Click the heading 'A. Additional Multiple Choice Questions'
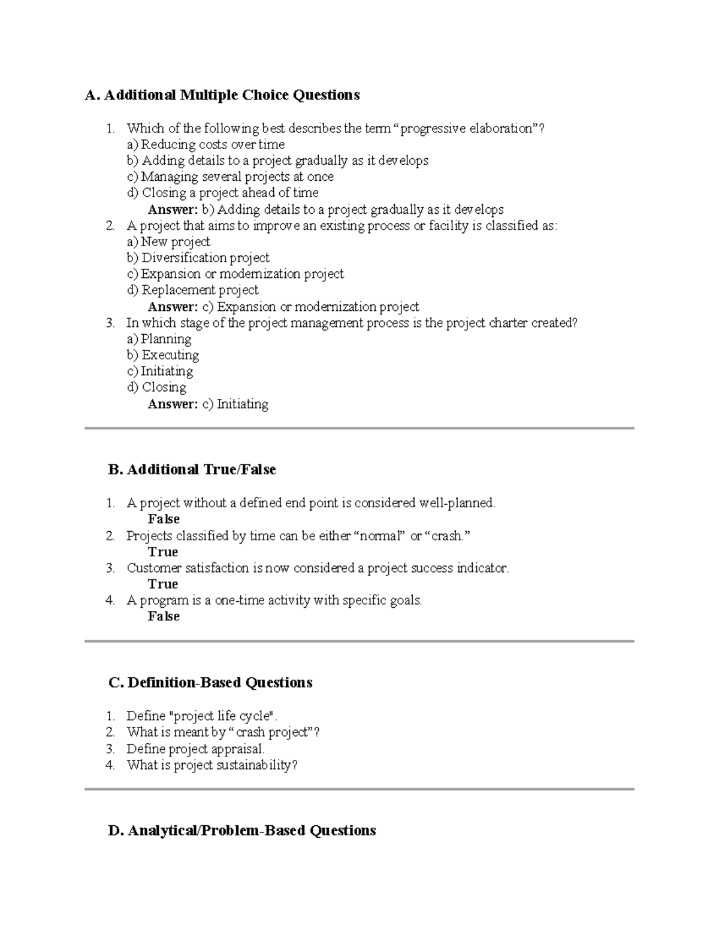(222, 95)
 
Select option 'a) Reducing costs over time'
(206, 144)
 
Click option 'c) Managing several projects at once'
(230, 177)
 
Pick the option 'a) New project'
(168, 242)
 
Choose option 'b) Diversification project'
(198, 258)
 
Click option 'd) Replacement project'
(192, 290)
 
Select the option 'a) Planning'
(159, 339)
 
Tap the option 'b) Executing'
(162, 355)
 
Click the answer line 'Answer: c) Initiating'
(208, 404)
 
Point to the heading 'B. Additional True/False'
(192, 469)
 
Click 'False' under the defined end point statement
(164, 519)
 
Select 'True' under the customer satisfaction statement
(163, 584)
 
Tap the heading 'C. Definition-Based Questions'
(210, 683)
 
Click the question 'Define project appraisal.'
(195, 749)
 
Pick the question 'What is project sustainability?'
(212, 765)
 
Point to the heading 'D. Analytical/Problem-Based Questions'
(242, 831)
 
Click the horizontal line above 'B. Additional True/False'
(359, 429)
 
